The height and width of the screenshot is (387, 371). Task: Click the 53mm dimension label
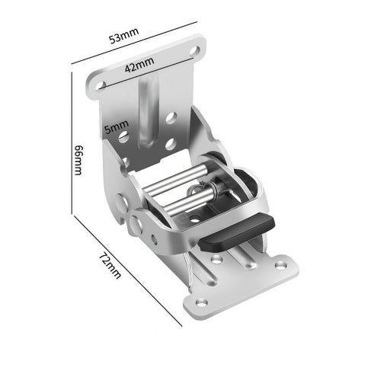124,36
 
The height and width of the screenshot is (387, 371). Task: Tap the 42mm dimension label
139,65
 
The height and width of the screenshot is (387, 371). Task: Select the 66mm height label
78,160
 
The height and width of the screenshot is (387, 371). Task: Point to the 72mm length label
109,265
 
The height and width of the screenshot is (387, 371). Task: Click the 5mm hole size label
117,126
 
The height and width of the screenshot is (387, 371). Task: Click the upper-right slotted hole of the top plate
195,50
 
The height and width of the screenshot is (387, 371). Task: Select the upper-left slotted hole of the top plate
101,85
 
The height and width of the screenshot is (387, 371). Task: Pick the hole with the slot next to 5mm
124,137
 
